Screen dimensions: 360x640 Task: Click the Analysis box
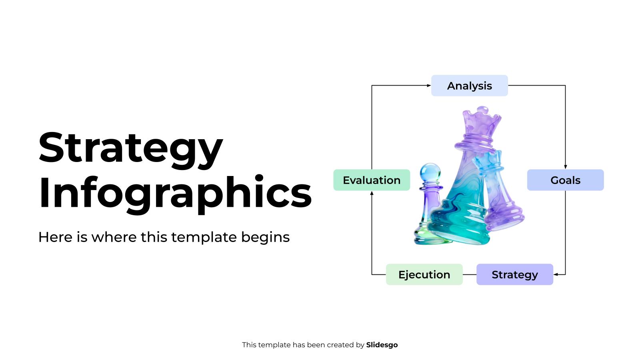[469, 86]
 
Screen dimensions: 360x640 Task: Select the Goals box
[565, 180]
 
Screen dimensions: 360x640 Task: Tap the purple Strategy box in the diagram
[514, 274]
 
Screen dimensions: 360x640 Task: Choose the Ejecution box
[424, 274]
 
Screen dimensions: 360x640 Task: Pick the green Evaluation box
[372, 180]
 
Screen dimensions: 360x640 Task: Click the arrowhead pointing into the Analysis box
[429, 86]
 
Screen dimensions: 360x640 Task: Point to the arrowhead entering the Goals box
[565, 167]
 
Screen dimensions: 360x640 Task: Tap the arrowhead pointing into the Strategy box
[556, 274]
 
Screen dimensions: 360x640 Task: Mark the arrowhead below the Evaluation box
[372, 193]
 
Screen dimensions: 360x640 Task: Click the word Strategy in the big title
[130, 148]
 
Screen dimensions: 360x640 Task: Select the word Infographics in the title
[175, 193]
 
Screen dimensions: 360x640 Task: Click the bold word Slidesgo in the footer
[382, 345]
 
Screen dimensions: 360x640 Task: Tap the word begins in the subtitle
[265, 237]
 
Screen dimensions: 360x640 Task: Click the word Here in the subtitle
[55, 237]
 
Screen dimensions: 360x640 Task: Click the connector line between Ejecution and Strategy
[470, 274]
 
